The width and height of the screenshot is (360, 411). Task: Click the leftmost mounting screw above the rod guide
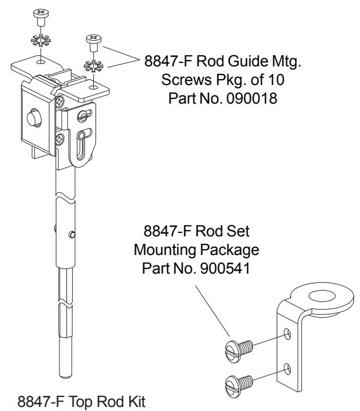[40, 16]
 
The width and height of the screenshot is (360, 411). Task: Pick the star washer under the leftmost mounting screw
[40, 42]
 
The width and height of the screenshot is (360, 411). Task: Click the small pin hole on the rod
[72, 235]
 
